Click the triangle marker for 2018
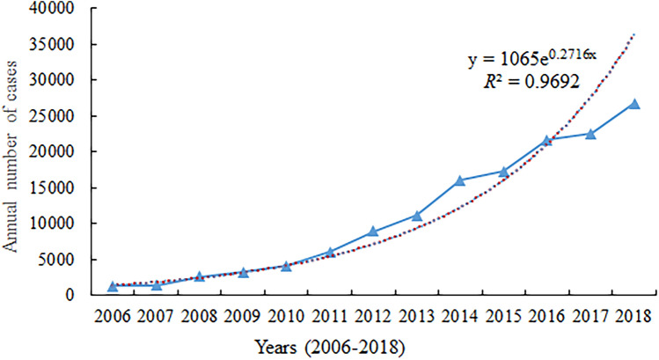[634, 104]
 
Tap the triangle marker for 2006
[113, 286]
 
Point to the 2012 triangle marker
[373, 231]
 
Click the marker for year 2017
[590, 134]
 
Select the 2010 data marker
[286, 266]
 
